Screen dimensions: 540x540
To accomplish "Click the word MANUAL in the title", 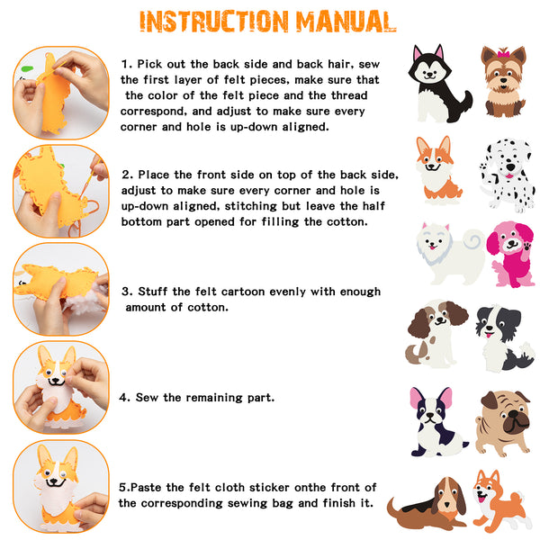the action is tap(346, 22).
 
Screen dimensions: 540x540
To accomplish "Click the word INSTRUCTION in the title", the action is tap(214, 22).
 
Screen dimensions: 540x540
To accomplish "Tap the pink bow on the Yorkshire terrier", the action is tap(503, 54).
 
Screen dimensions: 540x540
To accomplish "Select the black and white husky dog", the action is tap(439, 84).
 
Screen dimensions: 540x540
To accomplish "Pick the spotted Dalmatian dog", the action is tap(508, 175).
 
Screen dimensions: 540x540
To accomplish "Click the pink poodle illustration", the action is tap(511, 254).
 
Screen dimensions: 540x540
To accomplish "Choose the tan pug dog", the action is tap(504, 423).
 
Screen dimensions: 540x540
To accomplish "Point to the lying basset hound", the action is tap(427, 503).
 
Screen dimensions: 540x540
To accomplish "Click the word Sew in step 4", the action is tap(147, 398).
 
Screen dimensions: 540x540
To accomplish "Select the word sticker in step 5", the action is tap(269, 487).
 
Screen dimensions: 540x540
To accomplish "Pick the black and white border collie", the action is tap(503, 337).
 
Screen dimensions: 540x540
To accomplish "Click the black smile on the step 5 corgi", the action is tap(56, 482).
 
